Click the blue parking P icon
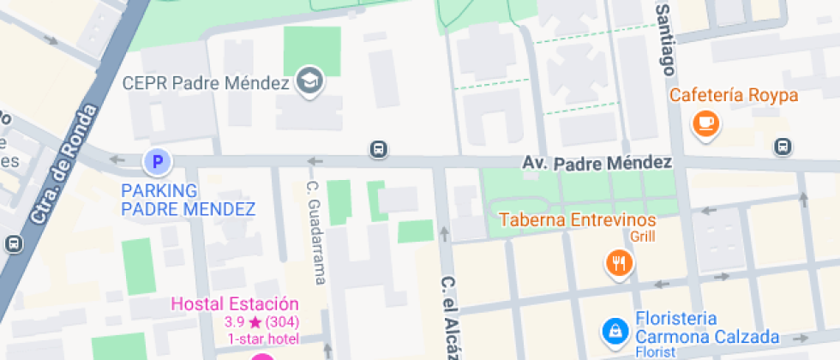(157, 160)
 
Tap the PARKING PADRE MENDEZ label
(189, 200)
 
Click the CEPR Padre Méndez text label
(206, 83)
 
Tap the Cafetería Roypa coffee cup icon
(706, 123)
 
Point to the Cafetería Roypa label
(734, 95)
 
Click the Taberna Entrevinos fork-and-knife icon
(618, 262)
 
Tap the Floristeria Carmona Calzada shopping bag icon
(615, 329)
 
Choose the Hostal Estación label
(235, 304)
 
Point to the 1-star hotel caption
(261, 339)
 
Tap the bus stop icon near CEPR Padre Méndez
(377, 150)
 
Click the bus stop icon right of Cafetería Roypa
(782, 147)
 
